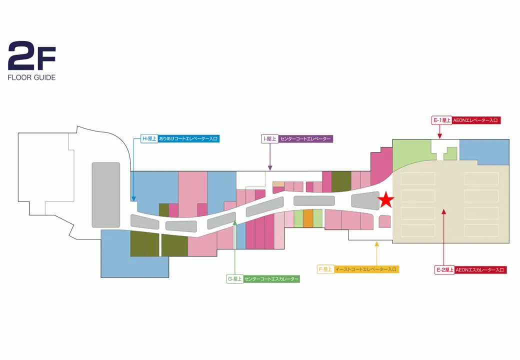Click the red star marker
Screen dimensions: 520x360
(386, 199)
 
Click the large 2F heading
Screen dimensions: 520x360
(32, 55)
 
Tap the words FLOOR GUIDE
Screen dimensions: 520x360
(31, 77)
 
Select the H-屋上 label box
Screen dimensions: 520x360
(149, 138)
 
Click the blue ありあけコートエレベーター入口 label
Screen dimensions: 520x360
(188, 138)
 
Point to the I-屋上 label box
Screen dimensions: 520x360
(269, 139)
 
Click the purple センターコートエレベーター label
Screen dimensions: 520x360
(305, 139)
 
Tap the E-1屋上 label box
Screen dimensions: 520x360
(441, 120)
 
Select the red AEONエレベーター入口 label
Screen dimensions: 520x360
(476, 120)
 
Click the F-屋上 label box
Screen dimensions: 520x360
(325, 269)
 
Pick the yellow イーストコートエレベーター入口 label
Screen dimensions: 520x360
(366, 269)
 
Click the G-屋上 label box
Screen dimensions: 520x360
(234, 279)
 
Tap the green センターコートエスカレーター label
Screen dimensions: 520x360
(271, 279)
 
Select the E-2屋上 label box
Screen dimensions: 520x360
(444, 270)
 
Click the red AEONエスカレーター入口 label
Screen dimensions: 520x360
(480, 270)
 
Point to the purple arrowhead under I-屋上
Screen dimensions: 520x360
(270, 168)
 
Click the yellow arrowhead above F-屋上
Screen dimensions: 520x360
(376, 244)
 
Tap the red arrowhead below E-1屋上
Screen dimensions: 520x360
(439, 136)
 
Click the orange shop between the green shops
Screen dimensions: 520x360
(308, 218)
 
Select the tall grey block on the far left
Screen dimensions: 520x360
(106, 195)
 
